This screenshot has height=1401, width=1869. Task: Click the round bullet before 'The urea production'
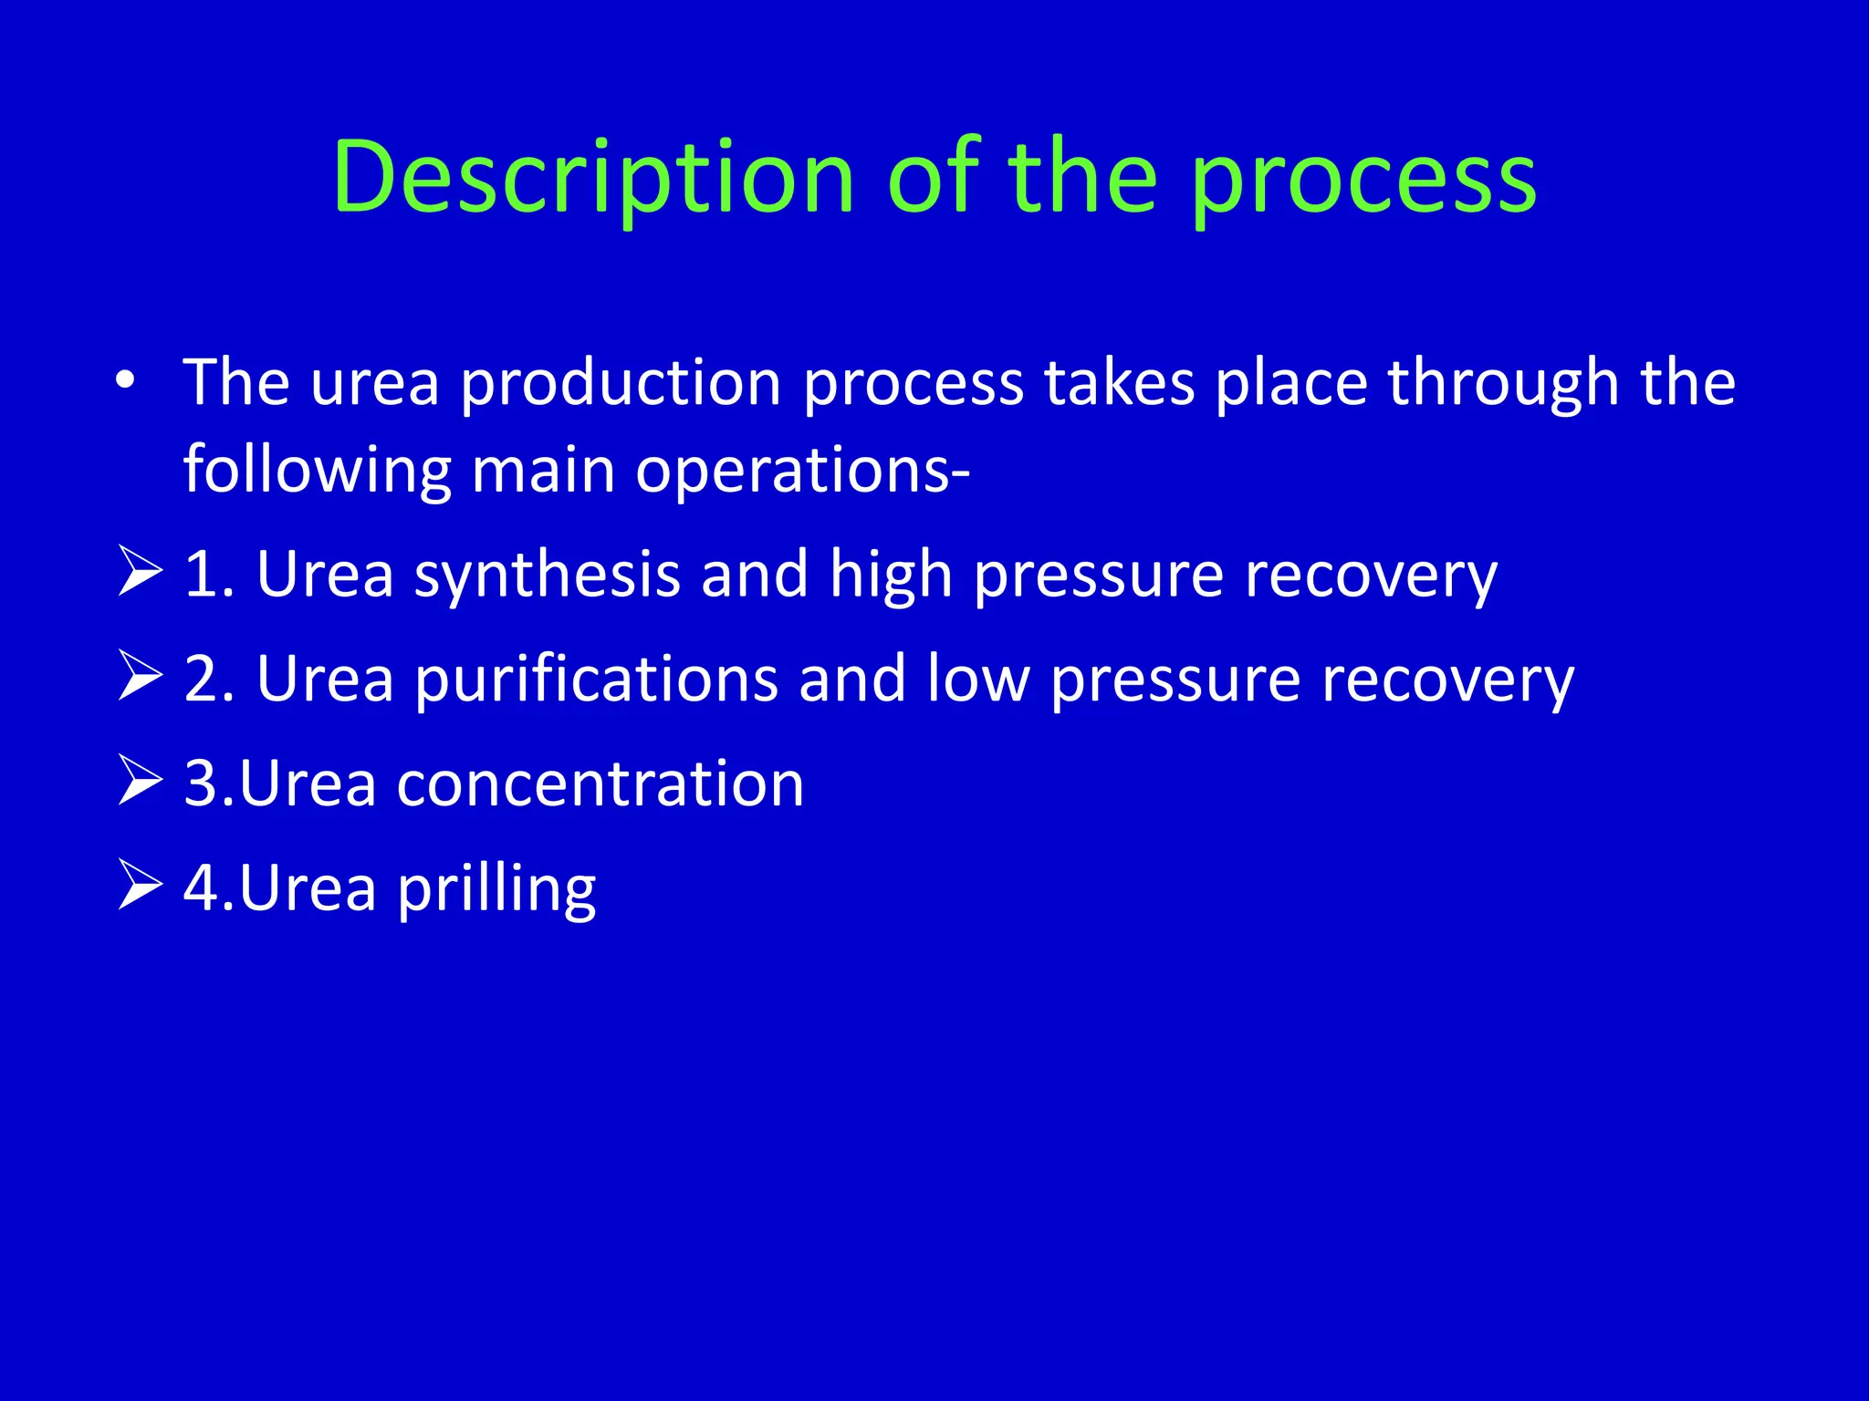126,380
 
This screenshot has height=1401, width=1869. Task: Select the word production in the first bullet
621,383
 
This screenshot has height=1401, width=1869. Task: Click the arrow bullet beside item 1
140,572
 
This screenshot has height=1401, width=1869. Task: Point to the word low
977,679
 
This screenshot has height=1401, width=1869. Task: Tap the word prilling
496,890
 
